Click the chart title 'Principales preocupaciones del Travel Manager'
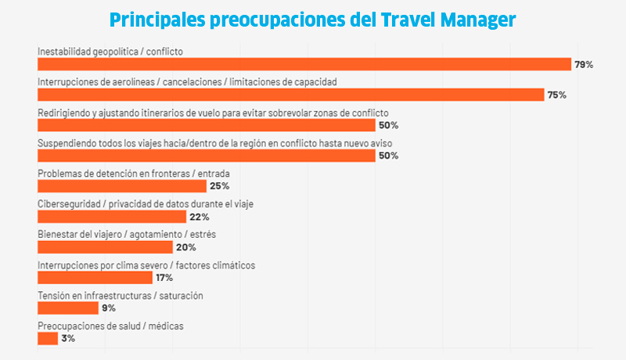tap(313, 19)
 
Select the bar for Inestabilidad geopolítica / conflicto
tap(304, 64)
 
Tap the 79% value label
tap(584, 64)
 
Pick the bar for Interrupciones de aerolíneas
tap(291, 95)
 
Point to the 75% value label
tap(556, 95)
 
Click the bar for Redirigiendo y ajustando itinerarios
tap(207, 125)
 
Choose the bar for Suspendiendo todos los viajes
tap(207, 156)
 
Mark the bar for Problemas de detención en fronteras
tap(122, 186)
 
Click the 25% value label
tap(219, 186)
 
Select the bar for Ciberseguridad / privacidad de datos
tap(112, 217)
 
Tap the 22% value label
tap(199, 217)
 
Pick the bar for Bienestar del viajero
tap(105, 247)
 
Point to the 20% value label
tap(185, 247)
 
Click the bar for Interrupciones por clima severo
tap(95, 278)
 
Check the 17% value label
tap(164, 278)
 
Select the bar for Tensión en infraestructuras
tap(68, 308)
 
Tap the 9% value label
tap(109, 308)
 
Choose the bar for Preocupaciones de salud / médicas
tap(48, 339)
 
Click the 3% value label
tap(68, 339)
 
